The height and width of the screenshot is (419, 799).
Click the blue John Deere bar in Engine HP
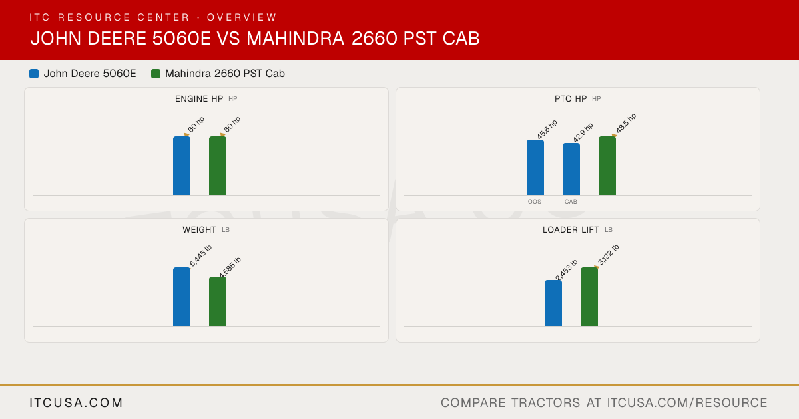tap(182, 166)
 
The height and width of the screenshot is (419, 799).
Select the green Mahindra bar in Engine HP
tap(218, 166)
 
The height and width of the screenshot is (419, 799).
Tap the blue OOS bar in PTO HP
tap(535, 168)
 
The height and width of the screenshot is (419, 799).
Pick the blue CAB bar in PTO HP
tap(571, 169)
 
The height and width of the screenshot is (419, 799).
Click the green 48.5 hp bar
tap(607, 166)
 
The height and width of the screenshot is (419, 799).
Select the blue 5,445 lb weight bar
tap(182, 297)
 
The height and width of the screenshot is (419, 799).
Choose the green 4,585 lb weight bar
tap(218, 301)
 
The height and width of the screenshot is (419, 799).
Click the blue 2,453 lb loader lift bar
tap(553, 303)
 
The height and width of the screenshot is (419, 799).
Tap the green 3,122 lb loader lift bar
tap(589, 297)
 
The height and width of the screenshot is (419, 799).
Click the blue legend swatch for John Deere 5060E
tap(34, 74)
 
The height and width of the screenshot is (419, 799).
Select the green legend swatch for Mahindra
tap(156, 74)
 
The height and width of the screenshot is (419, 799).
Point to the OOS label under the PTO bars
tap(534, 202)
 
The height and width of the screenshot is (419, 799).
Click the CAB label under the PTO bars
tap(571, 202)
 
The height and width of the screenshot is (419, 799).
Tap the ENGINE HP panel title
tap(199, 99)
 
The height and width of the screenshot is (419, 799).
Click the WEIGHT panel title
tap(199, 230)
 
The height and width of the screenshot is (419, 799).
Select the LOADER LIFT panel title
tap(571, 230)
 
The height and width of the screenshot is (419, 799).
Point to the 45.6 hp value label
tap(547, 129)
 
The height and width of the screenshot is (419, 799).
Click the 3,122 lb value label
tap(608, 255)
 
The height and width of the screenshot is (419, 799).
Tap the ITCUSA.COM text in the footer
tap(76, 402)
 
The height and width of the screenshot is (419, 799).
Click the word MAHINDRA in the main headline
tap(296, 38)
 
